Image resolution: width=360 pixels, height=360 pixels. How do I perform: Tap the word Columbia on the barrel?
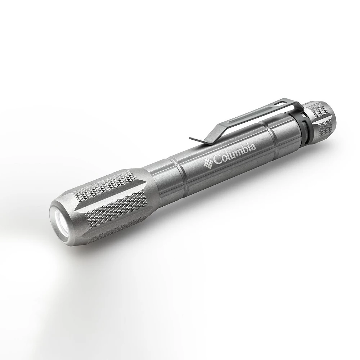point(234,153)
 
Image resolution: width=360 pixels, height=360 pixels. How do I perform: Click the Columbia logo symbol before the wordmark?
point(208,162)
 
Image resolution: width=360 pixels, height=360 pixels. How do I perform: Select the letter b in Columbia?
point(245,149)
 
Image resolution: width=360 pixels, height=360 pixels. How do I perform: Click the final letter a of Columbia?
point(253,147)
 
